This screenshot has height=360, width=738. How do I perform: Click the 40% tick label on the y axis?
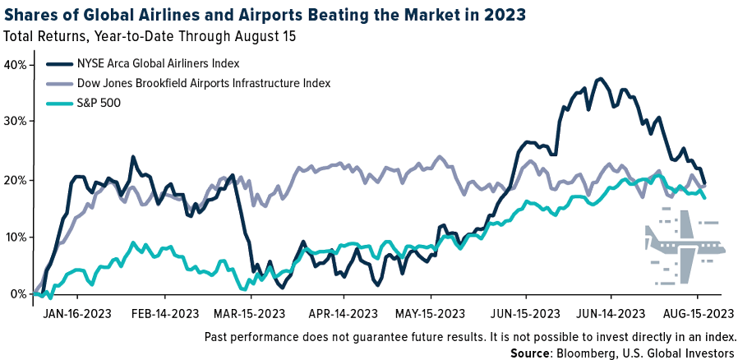(x=16, y=65)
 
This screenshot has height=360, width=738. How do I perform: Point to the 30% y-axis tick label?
(x=16, y=121)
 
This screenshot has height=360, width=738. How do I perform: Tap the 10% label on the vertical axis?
(x=16, y=238)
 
